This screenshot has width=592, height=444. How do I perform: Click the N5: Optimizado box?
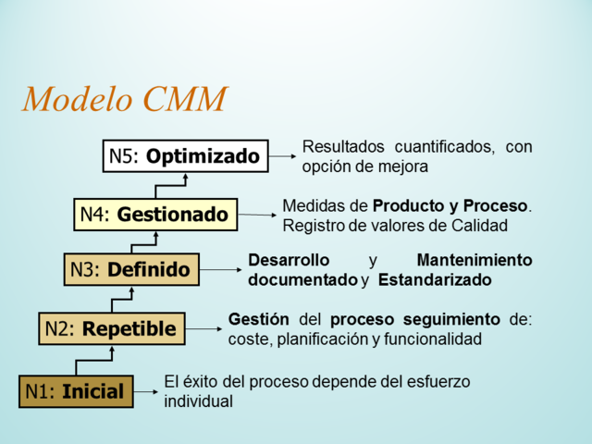coord(185,156)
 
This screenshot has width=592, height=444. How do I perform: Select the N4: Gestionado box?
coord(154,214)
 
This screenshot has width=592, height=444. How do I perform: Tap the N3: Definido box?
coord(131,270)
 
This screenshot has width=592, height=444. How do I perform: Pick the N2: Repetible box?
coord(111,327)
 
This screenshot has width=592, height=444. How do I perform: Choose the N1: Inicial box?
coord(76,391)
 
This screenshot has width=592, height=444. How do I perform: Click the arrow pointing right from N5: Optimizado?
coord(282,157)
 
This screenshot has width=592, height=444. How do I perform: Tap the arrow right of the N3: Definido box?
coord(222,270)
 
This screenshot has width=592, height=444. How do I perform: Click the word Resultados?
coord(342,147)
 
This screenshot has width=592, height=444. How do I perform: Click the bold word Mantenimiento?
coord(474,260)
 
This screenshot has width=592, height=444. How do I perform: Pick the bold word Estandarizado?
coord(434,279)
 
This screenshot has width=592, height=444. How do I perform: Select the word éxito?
coord(196,381)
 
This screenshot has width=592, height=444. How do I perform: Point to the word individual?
coord(198,401)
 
